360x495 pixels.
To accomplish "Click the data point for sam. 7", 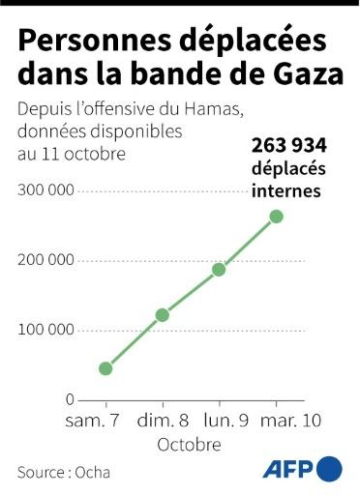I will (x=105, y=368).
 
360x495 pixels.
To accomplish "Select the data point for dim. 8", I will (x=163, y=315).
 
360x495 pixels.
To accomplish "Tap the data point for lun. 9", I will (x=219, y=269).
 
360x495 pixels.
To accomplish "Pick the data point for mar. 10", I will (x=276, y=216).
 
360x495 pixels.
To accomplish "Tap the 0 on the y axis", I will (x=70, y=399).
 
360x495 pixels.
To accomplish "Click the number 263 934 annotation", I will (x=287, y=144).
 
